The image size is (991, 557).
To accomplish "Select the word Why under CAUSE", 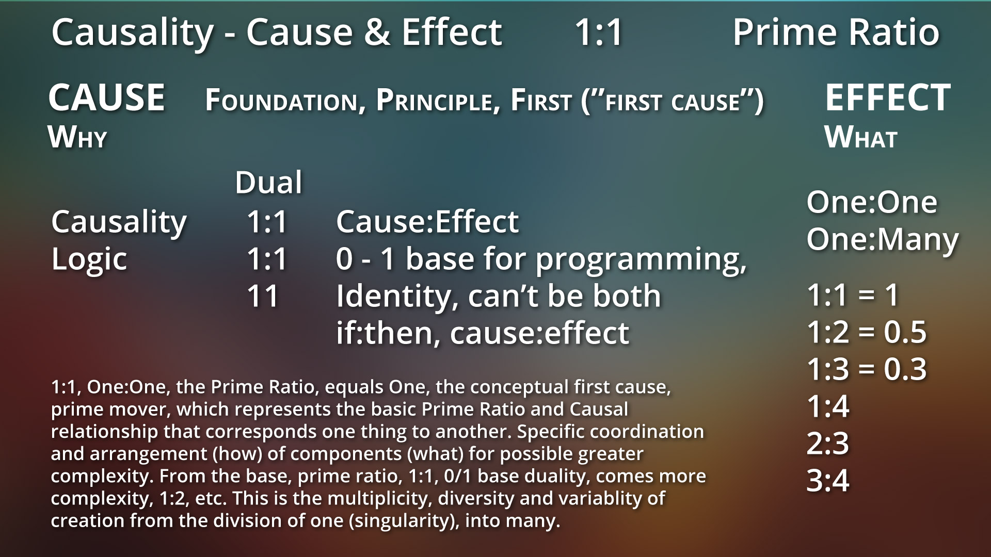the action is pyautogui.click(x=77, y=137).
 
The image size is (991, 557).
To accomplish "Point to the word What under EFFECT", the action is pyautogui.click(x=861, y=137).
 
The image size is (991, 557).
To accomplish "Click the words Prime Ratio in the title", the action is pyautogui.click(x=836, y=32).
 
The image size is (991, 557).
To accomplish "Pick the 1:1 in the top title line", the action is pyautogui.click(x=599, y=32).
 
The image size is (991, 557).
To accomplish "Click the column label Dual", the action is pyautogui.click(x=268, y=182).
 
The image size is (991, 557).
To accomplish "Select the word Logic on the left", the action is pyautogui.click(x=89, y=258).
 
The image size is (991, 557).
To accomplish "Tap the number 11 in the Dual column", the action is pyautogui.click(x=263, y=296).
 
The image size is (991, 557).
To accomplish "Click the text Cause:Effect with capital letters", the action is pyautogui.click(x=427, y=221).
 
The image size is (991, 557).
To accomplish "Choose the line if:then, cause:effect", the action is pyautogui.click(x=483, y=333).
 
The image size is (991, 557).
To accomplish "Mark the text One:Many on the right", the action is pyautogui.click(x=882, y=240).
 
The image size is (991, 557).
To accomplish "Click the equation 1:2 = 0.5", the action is pyautogui.click(x=867, y=332).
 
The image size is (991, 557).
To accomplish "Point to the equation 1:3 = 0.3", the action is pyautogui.click(x=867, y=369).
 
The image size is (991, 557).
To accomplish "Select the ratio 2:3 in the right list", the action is pyautogui.click(x=828, y=444).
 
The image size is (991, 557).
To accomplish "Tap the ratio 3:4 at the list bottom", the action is pyautogui.click(x=828, y=481).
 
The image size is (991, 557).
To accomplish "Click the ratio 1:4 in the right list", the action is pyautogui.click(x=828, y=406).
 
